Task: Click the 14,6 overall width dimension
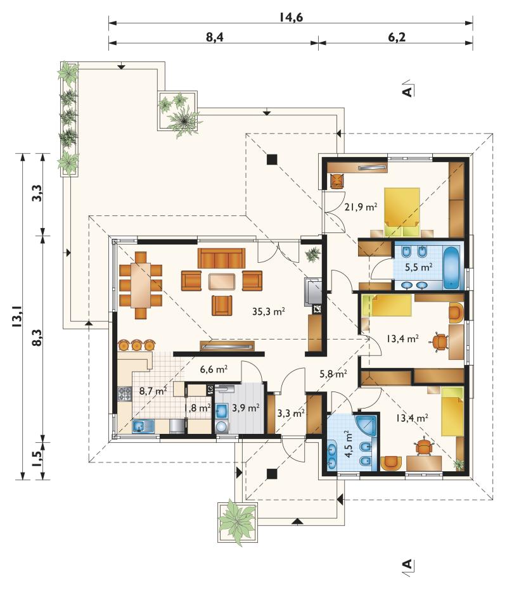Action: tap(291, 17)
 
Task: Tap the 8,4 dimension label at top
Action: tap(215, 37)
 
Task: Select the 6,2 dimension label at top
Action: tap(396, 37)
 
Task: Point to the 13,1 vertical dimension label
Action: tap(17, 316)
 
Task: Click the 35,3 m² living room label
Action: tap(268, 311)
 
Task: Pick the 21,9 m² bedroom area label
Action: tap(361, 207)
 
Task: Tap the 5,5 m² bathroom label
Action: tap(419, 267)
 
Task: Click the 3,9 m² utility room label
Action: tap(246, 408)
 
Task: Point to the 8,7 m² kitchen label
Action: tap(153, 391)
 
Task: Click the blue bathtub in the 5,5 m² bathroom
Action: tap(452, 267)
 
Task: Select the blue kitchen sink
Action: tap(143, 426)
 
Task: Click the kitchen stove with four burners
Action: tap(125, 394)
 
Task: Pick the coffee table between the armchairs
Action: tap(222, 281)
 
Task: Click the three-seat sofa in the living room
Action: tap(221, 258)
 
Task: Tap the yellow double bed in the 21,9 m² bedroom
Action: tap(402, 212)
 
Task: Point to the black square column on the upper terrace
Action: tap(272, 160)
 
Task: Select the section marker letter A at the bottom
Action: tap(407, 564)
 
